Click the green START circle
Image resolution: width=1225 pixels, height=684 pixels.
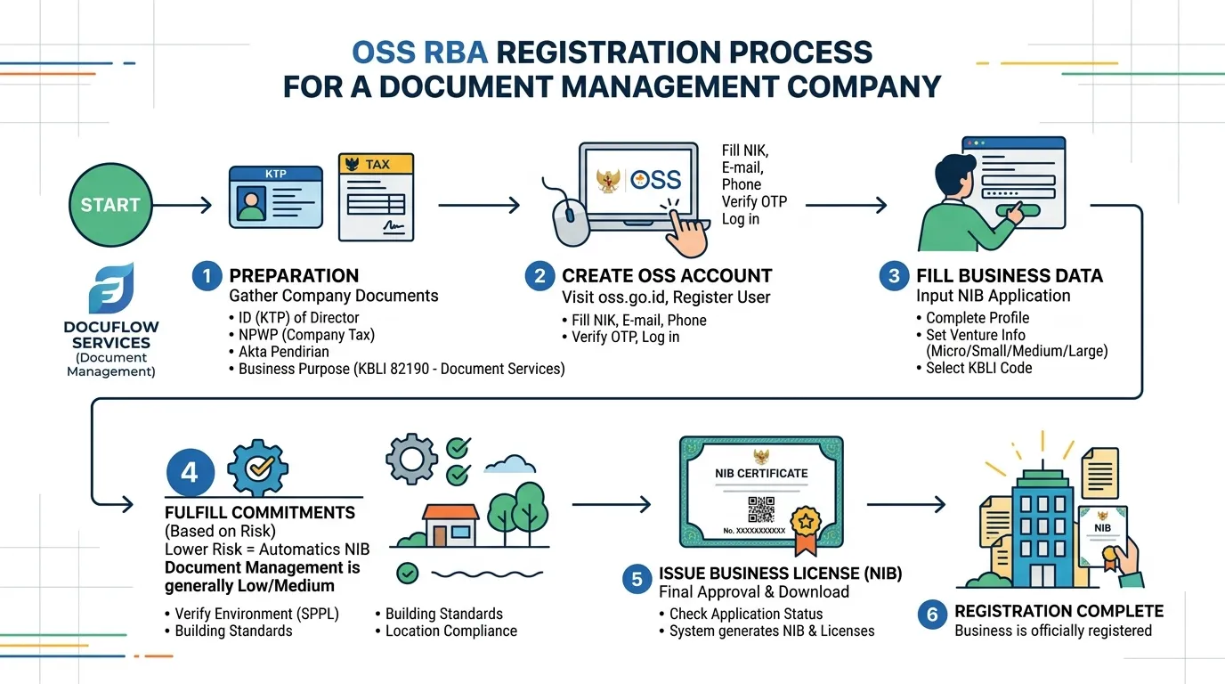tap(110, 205)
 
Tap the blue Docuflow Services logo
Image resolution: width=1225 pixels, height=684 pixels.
tap(111, 289)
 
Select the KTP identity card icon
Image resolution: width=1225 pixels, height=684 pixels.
tap(276, 197)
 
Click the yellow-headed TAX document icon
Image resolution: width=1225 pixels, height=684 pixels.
tap(377, 197)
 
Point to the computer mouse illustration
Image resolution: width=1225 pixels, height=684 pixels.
tap(571, 222)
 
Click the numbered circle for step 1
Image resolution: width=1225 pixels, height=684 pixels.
tap(207, 276)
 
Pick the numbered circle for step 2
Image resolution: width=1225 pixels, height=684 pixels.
tap(539, 276)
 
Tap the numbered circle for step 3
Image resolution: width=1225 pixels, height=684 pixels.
tap(894, 276)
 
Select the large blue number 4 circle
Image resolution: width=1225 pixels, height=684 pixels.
tap(190, 472)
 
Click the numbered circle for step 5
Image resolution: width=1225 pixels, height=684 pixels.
tap(637, 579)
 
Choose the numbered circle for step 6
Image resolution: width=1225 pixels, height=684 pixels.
tap(932, 615)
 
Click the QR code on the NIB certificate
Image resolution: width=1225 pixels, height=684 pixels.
tap(760, 510)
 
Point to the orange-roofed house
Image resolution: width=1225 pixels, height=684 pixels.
tap(450, 525)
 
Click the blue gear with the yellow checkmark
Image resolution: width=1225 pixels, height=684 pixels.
tap(258, 468)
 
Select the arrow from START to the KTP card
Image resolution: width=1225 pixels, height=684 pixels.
tap(183, 205)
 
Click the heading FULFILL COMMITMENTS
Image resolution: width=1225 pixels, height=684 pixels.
tap(260, 513)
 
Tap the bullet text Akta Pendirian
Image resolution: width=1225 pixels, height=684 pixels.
tap(284, 352)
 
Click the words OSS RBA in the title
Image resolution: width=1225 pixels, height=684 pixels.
tap(419, 53)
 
